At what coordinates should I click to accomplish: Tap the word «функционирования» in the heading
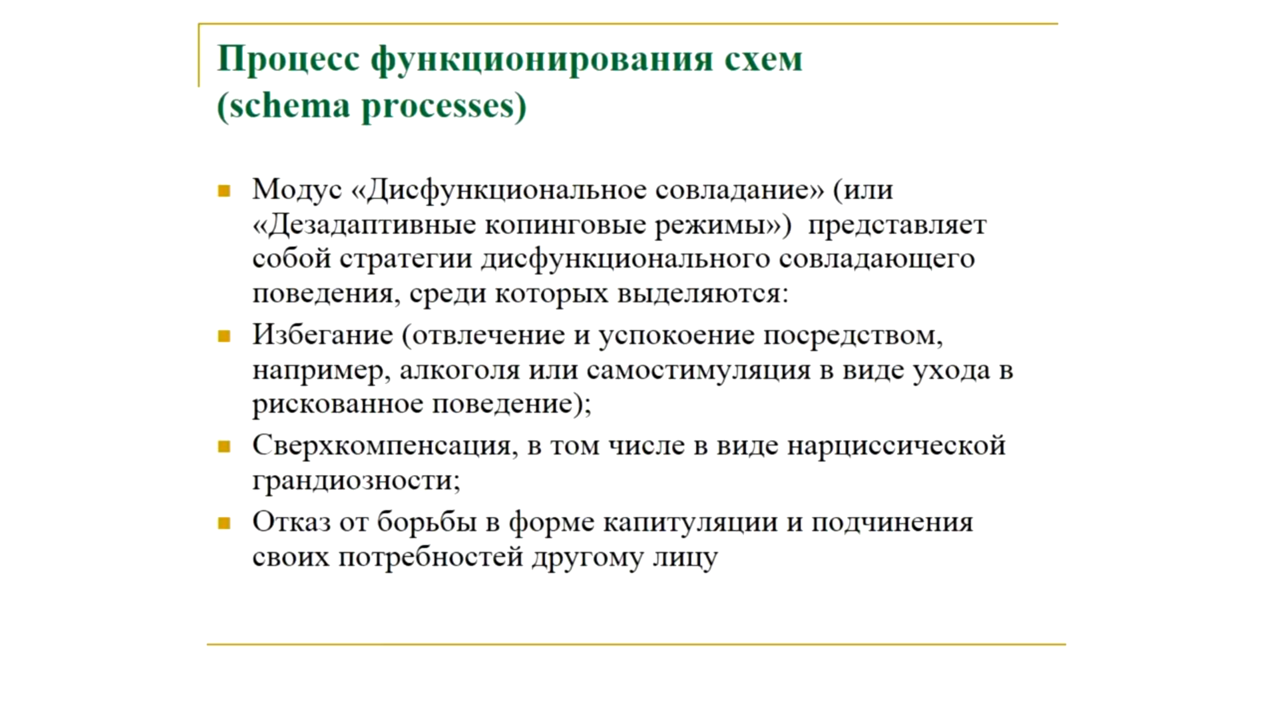(543, 61)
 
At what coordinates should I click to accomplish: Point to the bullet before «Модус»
(224, 191)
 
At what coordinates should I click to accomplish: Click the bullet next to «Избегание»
(224, 337)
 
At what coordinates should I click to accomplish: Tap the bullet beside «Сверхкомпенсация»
(224, 447)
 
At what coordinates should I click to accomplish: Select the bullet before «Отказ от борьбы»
(224, 523)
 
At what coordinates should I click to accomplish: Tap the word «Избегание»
(323, 335)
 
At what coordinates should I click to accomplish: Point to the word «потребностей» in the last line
(431, 558)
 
